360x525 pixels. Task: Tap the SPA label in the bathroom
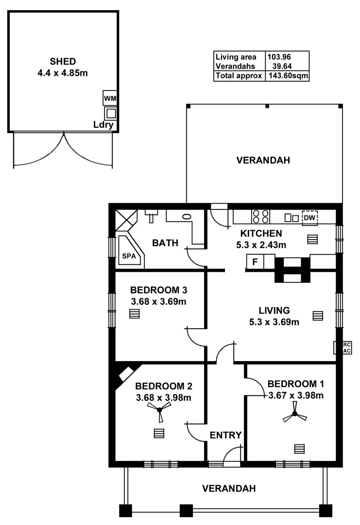point(128,256)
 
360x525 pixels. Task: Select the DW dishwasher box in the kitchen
point(309,218)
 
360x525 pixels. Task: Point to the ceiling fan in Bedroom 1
point(294,415)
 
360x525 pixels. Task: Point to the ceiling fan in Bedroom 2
point(159,411)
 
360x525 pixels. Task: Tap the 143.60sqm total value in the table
point(287,76)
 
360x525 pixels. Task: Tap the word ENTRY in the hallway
point(225,435)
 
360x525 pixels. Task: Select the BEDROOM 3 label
point(159,290)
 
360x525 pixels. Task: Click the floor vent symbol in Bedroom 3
point(135,314)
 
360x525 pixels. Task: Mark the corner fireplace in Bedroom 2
point(125,375)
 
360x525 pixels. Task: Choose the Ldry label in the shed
point(103,125)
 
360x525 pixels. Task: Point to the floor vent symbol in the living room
point(317,316)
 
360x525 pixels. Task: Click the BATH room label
point(165,243)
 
